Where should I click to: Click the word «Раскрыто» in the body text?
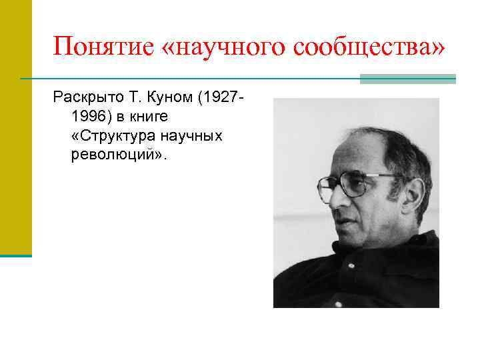tap(83, 99)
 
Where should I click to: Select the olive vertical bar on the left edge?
tap(15, 127)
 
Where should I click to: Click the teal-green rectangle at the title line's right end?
tap(407, 79)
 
